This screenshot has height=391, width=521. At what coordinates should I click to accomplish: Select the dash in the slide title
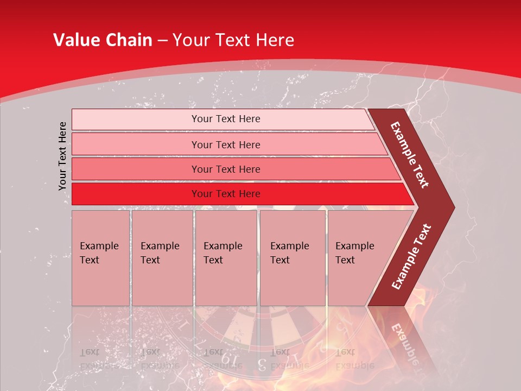coord(162,41)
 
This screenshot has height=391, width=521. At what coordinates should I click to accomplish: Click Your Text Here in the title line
coord(233,40)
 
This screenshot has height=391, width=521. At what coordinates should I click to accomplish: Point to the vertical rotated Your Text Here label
coord(62,156)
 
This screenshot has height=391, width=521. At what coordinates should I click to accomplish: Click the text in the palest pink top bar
coord(226,119)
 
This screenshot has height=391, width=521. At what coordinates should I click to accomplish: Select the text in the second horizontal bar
coord(226,144)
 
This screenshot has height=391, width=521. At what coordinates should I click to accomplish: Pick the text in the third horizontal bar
coord(226,169)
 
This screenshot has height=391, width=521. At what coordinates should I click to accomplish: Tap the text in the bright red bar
coord(226,193)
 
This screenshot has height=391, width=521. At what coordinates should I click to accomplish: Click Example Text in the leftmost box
coord(99,253)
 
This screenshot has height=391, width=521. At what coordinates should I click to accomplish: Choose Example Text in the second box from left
coord(160,253)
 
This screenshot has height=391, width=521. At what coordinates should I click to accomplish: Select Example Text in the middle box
coord(223,253)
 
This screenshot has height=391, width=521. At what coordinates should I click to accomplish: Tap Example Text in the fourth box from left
coord(289,253)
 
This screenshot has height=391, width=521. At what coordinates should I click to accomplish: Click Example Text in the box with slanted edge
coord(354,253)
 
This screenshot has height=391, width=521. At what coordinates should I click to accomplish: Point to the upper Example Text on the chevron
coord(410,155)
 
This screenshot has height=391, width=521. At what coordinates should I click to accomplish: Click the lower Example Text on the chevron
coord(411,257)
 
